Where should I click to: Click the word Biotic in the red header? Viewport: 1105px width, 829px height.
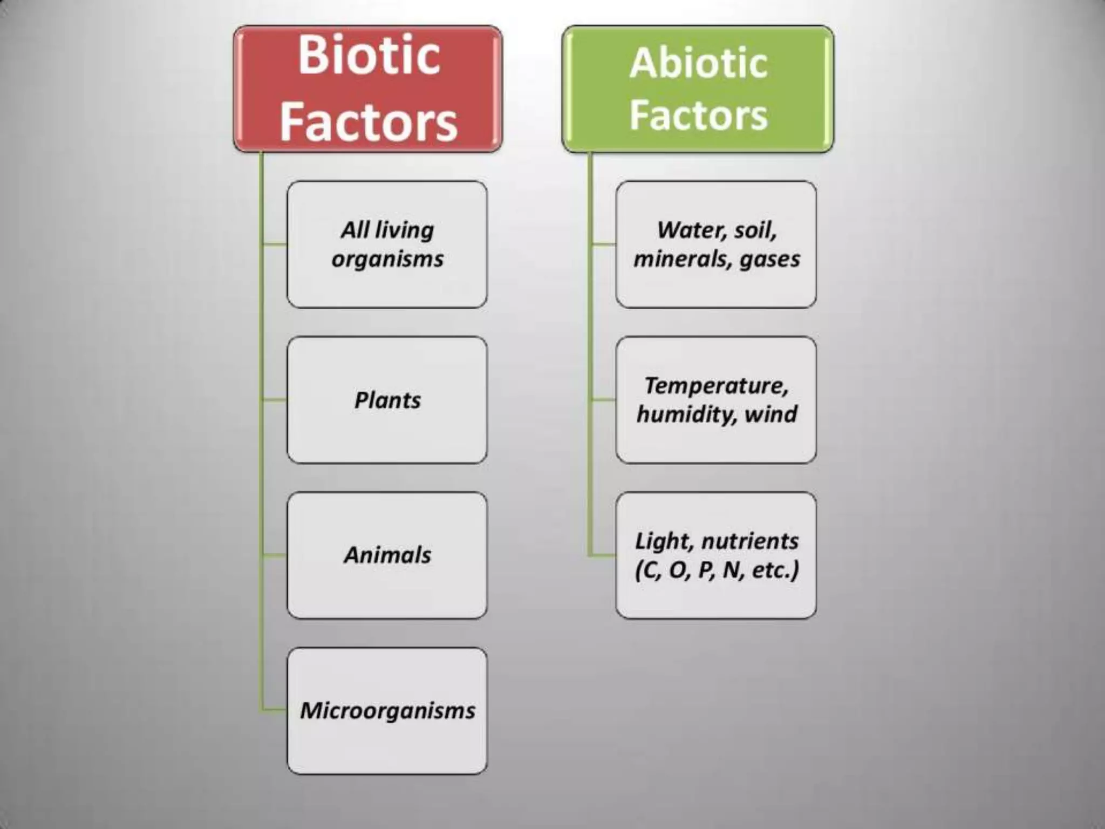coord(369,55)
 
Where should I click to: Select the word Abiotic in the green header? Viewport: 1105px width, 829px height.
coord(698,64)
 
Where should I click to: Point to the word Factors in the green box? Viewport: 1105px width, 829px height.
coord(698,115)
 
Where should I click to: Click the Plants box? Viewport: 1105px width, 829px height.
coord(387,400)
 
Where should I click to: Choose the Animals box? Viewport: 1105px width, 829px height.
coord(387,555)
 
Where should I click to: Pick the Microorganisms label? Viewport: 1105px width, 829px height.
coord(387,710)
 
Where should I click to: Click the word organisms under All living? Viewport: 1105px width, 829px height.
coord(387,259)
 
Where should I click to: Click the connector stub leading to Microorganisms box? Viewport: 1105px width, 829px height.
coord(274,710)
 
